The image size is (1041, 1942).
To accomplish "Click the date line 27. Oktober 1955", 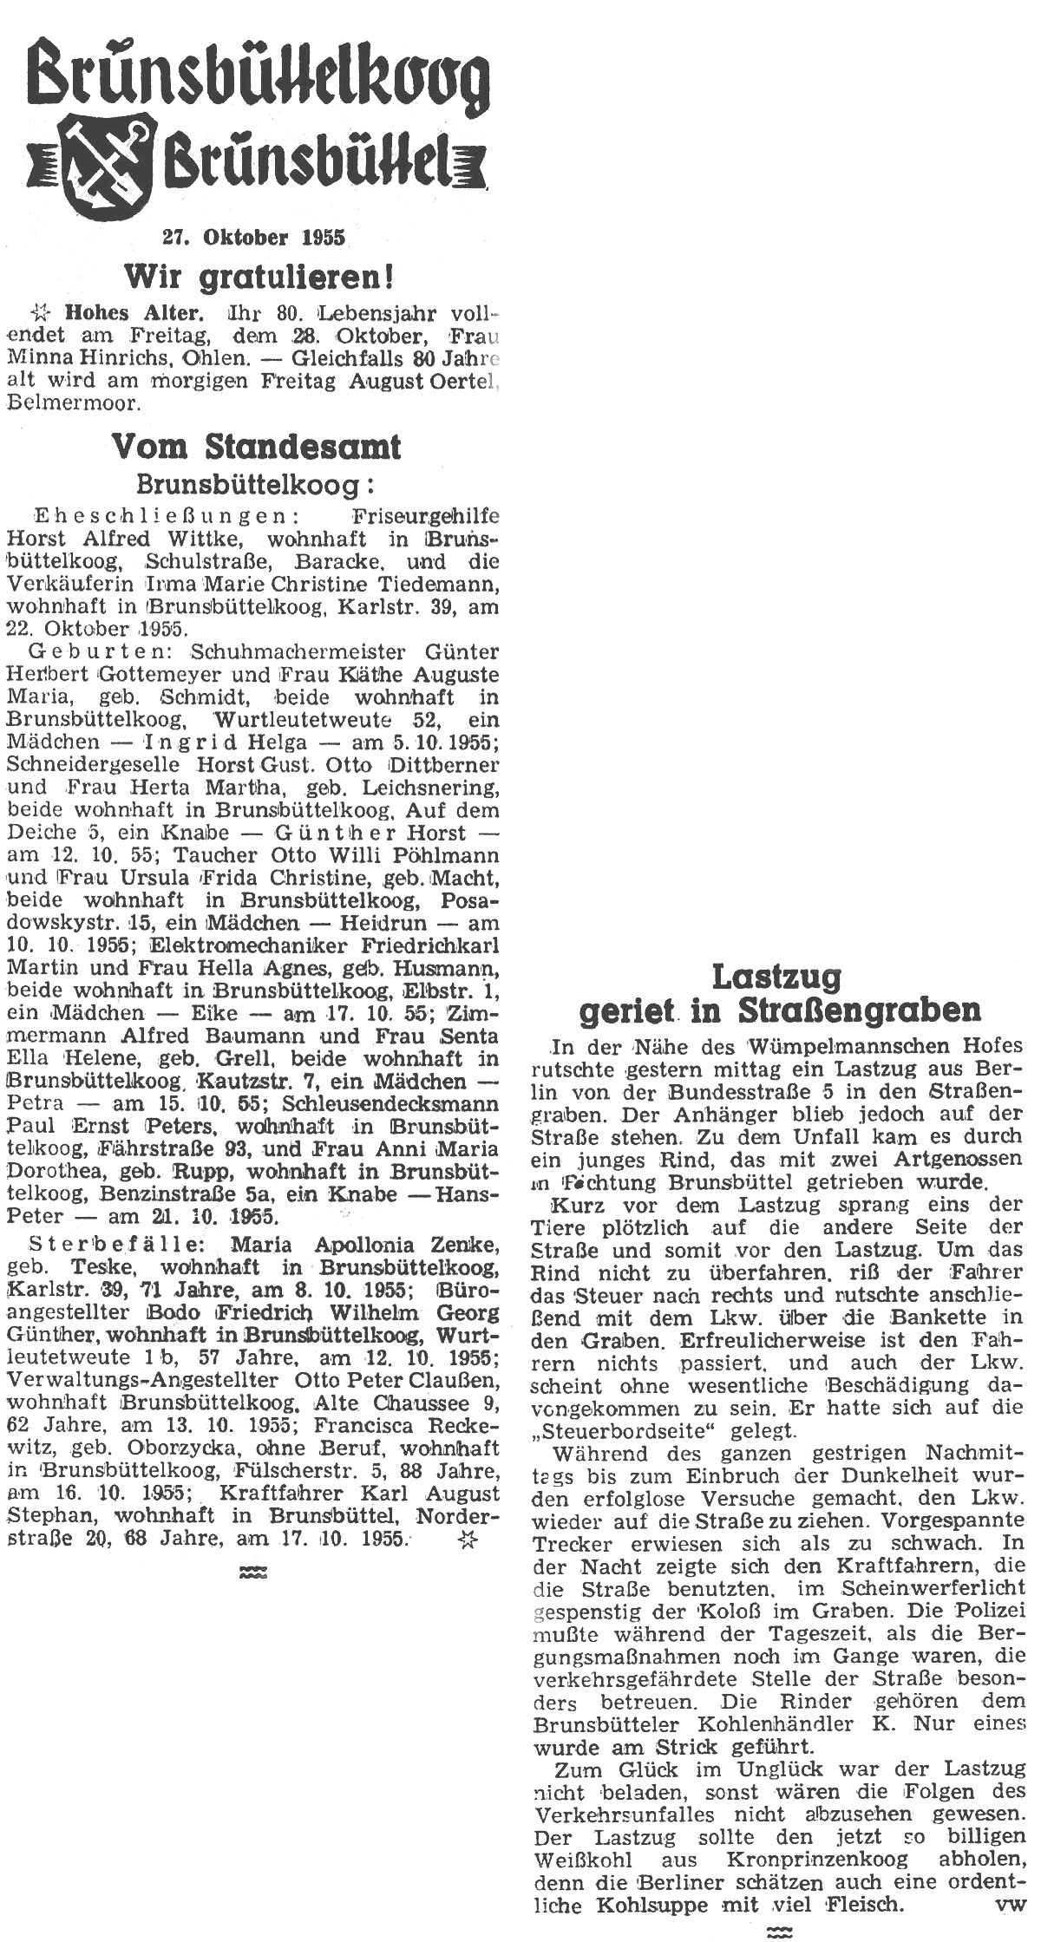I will (x=252, y=236).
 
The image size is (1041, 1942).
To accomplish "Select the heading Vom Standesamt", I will (x=257, y=447).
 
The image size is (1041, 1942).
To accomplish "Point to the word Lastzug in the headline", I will (x=776, y=978).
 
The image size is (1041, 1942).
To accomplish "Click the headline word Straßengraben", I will (x=860, y=1010).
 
